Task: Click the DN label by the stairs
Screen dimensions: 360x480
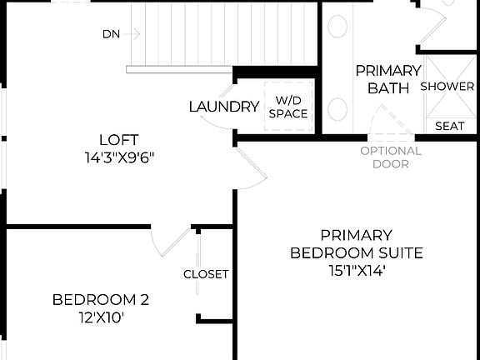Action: (x=110, y=34)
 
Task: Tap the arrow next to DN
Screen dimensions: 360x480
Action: (x=133, y=34)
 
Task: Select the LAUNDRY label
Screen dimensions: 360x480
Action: (x=223, y=107)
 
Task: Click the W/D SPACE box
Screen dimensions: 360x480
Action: (x=287, y=107)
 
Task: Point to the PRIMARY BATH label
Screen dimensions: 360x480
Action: (x=387, y=78)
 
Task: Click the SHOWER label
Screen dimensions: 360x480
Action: (x=447, y=87)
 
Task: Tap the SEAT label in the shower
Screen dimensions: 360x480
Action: (x=450, y=127)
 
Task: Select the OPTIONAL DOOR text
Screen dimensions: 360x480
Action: (x=391, y=157)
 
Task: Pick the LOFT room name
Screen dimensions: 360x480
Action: (x=118, y=140)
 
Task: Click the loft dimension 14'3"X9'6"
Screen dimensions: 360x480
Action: (x=118, y=157)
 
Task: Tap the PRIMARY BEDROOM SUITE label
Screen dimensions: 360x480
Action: (x=357, y=244)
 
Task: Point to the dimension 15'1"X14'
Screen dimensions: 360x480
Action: (x=357, y=270)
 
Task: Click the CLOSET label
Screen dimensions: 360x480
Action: (x=206, y=274)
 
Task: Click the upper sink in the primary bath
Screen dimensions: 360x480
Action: (x=337, y=27)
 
